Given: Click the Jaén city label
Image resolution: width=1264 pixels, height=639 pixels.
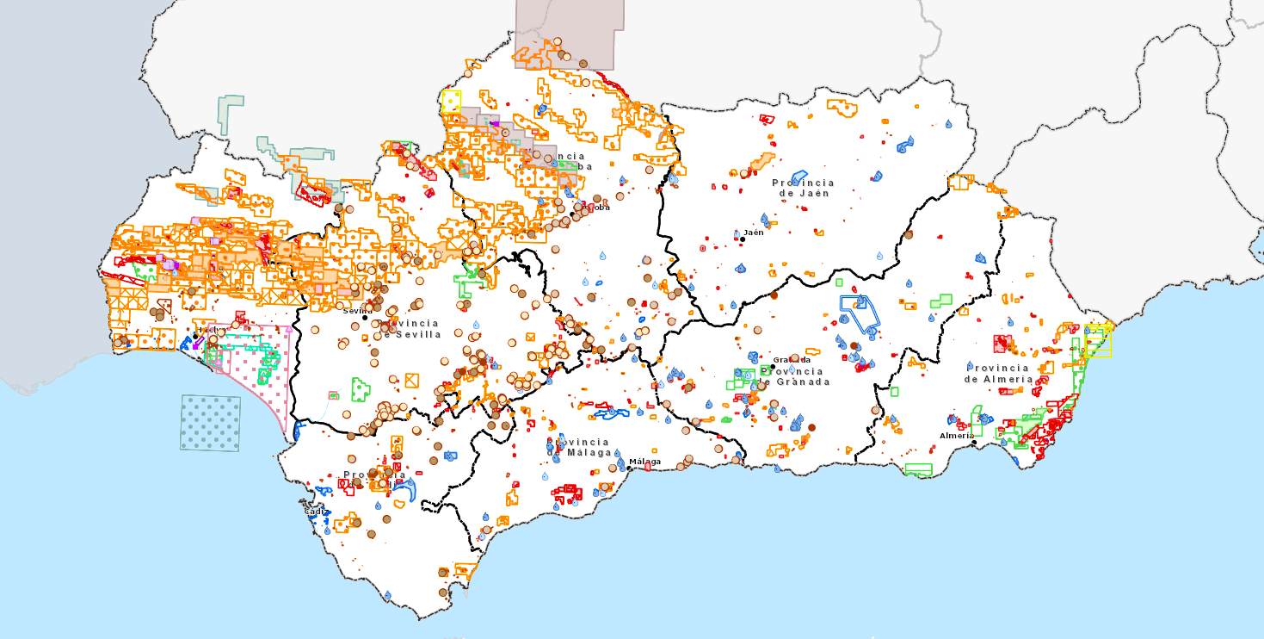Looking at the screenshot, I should (x=754, y=233).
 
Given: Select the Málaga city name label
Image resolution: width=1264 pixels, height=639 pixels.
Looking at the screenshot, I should (x=645, y=462).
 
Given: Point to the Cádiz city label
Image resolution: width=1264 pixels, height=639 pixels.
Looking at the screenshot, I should (x=317, y=512).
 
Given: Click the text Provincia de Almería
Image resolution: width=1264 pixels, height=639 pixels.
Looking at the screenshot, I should (x=998, y=374).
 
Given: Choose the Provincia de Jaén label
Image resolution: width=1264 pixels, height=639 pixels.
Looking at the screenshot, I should (x=803, y=188).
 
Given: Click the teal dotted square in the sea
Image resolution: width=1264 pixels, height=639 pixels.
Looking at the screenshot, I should (x=210, y=423).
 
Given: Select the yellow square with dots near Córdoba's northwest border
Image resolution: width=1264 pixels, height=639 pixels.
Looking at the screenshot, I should (x=452, y=102).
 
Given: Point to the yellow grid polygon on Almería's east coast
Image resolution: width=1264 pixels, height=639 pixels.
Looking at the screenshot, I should (x=1098, y=340).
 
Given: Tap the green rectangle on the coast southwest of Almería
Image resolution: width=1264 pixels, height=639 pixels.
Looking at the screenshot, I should (x=918, y=470).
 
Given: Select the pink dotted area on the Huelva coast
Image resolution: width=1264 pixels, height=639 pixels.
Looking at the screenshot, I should (x=258, y=379).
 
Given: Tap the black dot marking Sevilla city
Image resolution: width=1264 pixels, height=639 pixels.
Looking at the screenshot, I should (x=364, y=318).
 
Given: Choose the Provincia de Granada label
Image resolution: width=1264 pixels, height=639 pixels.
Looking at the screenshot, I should (x=794, y=376).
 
